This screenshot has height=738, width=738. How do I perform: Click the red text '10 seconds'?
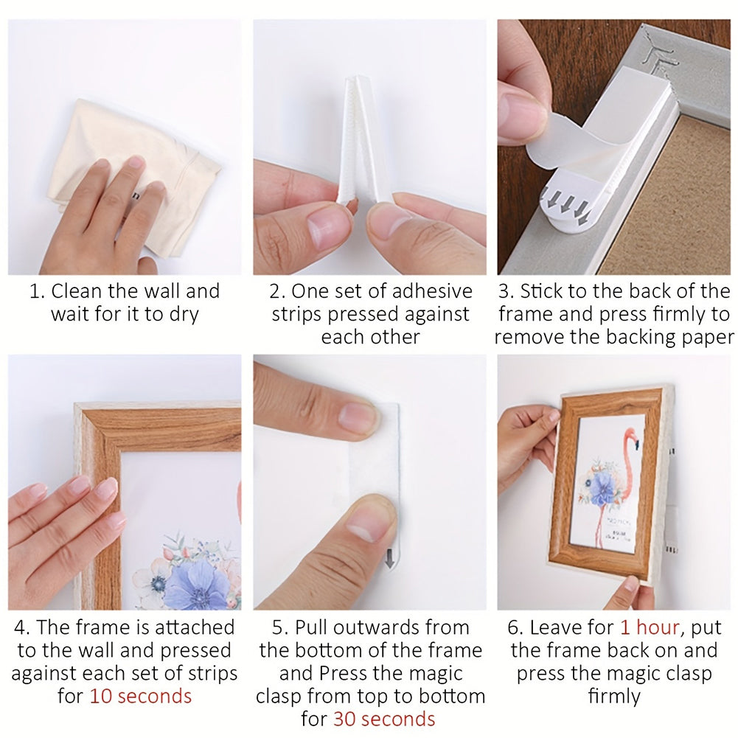(141, 696)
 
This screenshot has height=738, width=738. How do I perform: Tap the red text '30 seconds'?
(384, 719)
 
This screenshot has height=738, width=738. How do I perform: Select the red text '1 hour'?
(650, 627)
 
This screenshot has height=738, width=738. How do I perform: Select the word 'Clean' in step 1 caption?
(77, 291)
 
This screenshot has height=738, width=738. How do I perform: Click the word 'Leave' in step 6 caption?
(572, 627)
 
